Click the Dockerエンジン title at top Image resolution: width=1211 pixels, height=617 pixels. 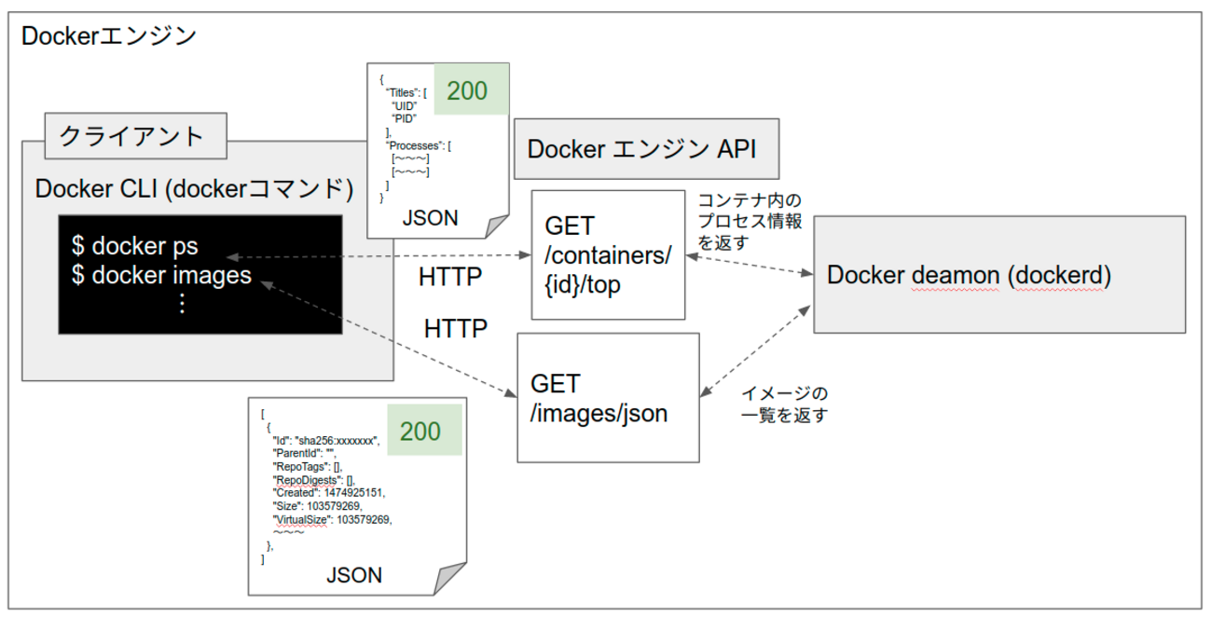click(108, 36)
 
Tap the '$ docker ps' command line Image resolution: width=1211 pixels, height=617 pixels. click(134, 247)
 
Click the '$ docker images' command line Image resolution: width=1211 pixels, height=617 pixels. click(161, 275)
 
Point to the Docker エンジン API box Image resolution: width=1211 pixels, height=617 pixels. click(646, 149)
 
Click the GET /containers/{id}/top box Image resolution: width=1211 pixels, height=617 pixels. click(608, 255)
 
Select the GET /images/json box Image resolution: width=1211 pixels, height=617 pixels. click(608, 398)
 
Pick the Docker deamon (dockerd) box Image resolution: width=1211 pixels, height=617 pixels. click(999, 274)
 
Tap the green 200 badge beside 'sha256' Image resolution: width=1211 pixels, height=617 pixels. click(420, 431)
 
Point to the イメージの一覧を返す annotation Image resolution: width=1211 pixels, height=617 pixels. click(784, 404)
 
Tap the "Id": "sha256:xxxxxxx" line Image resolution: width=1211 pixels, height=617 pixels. click(325, 441)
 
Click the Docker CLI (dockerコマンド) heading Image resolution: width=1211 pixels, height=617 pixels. click(194, 189)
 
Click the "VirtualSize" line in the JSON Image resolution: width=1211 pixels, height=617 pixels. click(331, 520)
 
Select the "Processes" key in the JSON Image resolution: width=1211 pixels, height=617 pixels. click(418, 145)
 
